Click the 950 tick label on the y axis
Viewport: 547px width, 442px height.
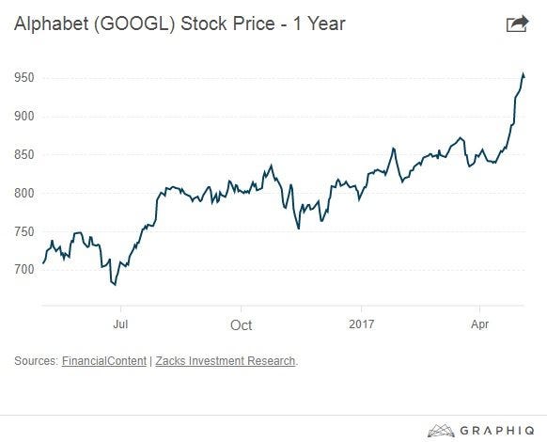pos(24,77)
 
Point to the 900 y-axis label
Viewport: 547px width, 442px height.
pos(24,116)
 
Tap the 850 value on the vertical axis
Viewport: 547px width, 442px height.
pos(24,154)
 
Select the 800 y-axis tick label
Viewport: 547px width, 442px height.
pos(24,193)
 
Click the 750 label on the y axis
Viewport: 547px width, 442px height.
pos(24,231)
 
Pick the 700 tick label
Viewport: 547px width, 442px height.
pos(24,269)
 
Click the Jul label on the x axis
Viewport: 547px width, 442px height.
pos(120,324)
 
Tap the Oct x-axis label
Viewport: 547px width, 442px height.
pos(241,325)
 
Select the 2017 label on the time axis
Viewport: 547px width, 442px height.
pos(362,324)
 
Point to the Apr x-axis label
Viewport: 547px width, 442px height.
pos(480,324)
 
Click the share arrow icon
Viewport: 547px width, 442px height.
pos(517,24)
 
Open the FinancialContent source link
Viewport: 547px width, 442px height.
pos(104,360)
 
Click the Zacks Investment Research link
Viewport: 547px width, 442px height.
pos(226,360)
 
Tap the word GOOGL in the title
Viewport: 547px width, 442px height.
pos(134,24)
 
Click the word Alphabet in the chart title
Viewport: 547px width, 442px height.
pos(52,24)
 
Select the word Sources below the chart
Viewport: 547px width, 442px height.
pos(36,360)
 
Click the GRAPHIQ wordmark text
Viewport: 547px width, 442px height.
pos(497,430)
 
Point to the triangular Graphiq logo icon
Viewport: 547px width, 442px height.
pos(441,431)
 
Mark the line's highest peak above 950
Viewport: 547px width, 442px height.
pos(523,73)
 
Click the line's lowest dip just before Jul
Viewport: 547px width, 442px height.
pos(115,285)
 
